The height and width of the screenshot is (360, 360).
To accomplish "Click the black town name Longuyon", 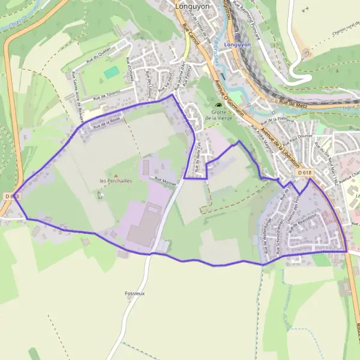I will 191,7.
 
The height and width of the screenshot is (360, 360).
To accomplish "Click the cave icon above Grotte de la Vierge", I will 218,106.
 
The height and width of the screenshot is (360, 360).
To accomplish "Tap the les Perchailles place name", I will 116,181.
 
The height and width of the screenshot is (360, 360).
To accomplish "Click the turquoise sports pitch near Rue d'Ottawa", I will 111,72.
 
